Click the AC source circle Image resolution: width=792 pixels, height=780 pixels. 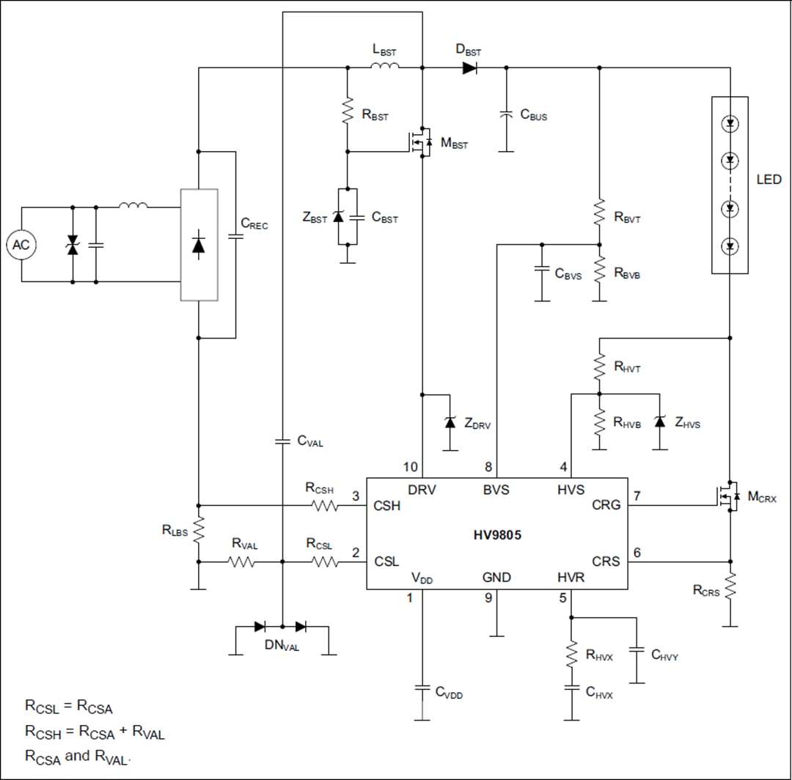[21, 245]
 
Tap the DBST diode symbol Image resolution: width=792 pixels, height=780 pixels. [470, 68]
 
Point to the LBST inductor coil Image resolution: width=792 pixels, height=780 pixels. [384, 67]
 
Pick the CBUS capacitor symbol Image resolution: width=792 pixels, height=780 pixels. [505, 115]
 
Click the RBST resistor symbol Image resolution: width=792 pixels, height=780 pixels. [348, 114]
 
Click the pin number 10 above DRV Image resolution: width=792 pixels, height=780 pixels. [410, 467]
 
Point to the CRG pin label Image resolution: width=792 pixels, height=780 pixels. [606, 505]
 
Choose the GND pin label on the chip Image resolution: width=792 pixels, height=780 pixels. [496, 578]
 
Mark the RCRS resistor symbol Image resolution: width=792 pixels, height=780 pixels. [730, 587]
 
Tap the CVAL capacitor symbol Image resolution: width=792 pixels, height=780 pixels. [282, 441]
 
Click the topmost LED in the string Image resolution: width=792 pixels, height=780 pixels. [730, 124]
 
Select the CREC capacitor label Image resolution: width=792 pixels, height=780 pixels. [254, 224]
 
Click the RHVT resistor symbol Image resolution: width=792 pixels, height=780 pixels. [599, 365]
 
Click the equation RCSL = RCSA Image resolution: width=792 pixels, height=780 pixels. [69, 707]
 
